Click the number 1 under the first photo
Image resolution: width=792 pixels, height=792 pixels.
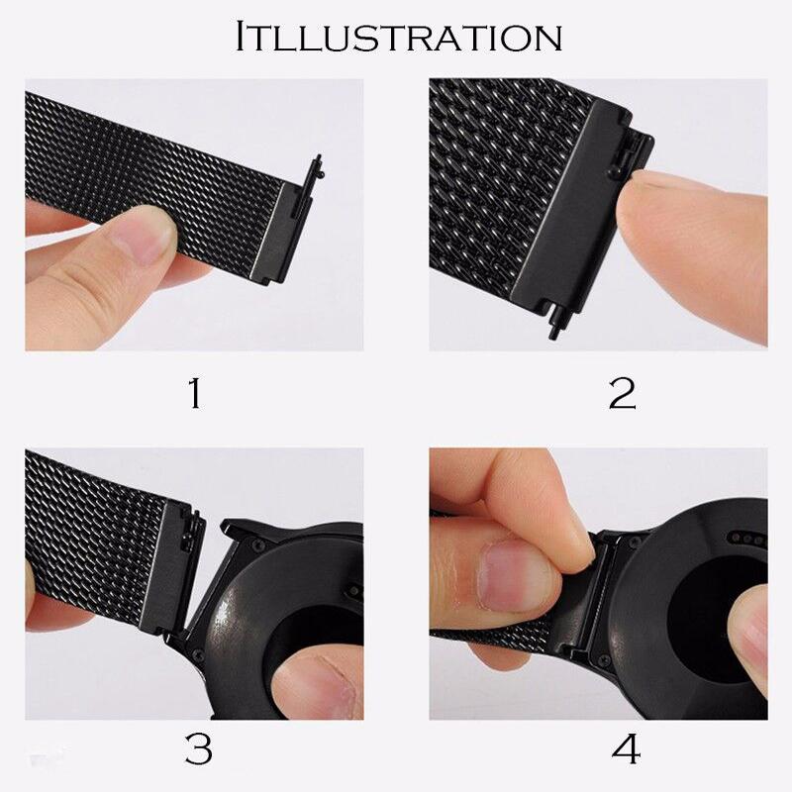(x=194, y=394)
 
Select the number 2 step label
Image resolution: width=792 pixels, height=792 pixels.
(x=622, y=394)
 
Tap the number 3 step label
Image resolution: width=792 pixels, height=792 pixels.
(x=198, y=749)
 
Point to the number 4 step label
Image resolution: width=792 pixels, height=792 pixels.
(x=626, y=749)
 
